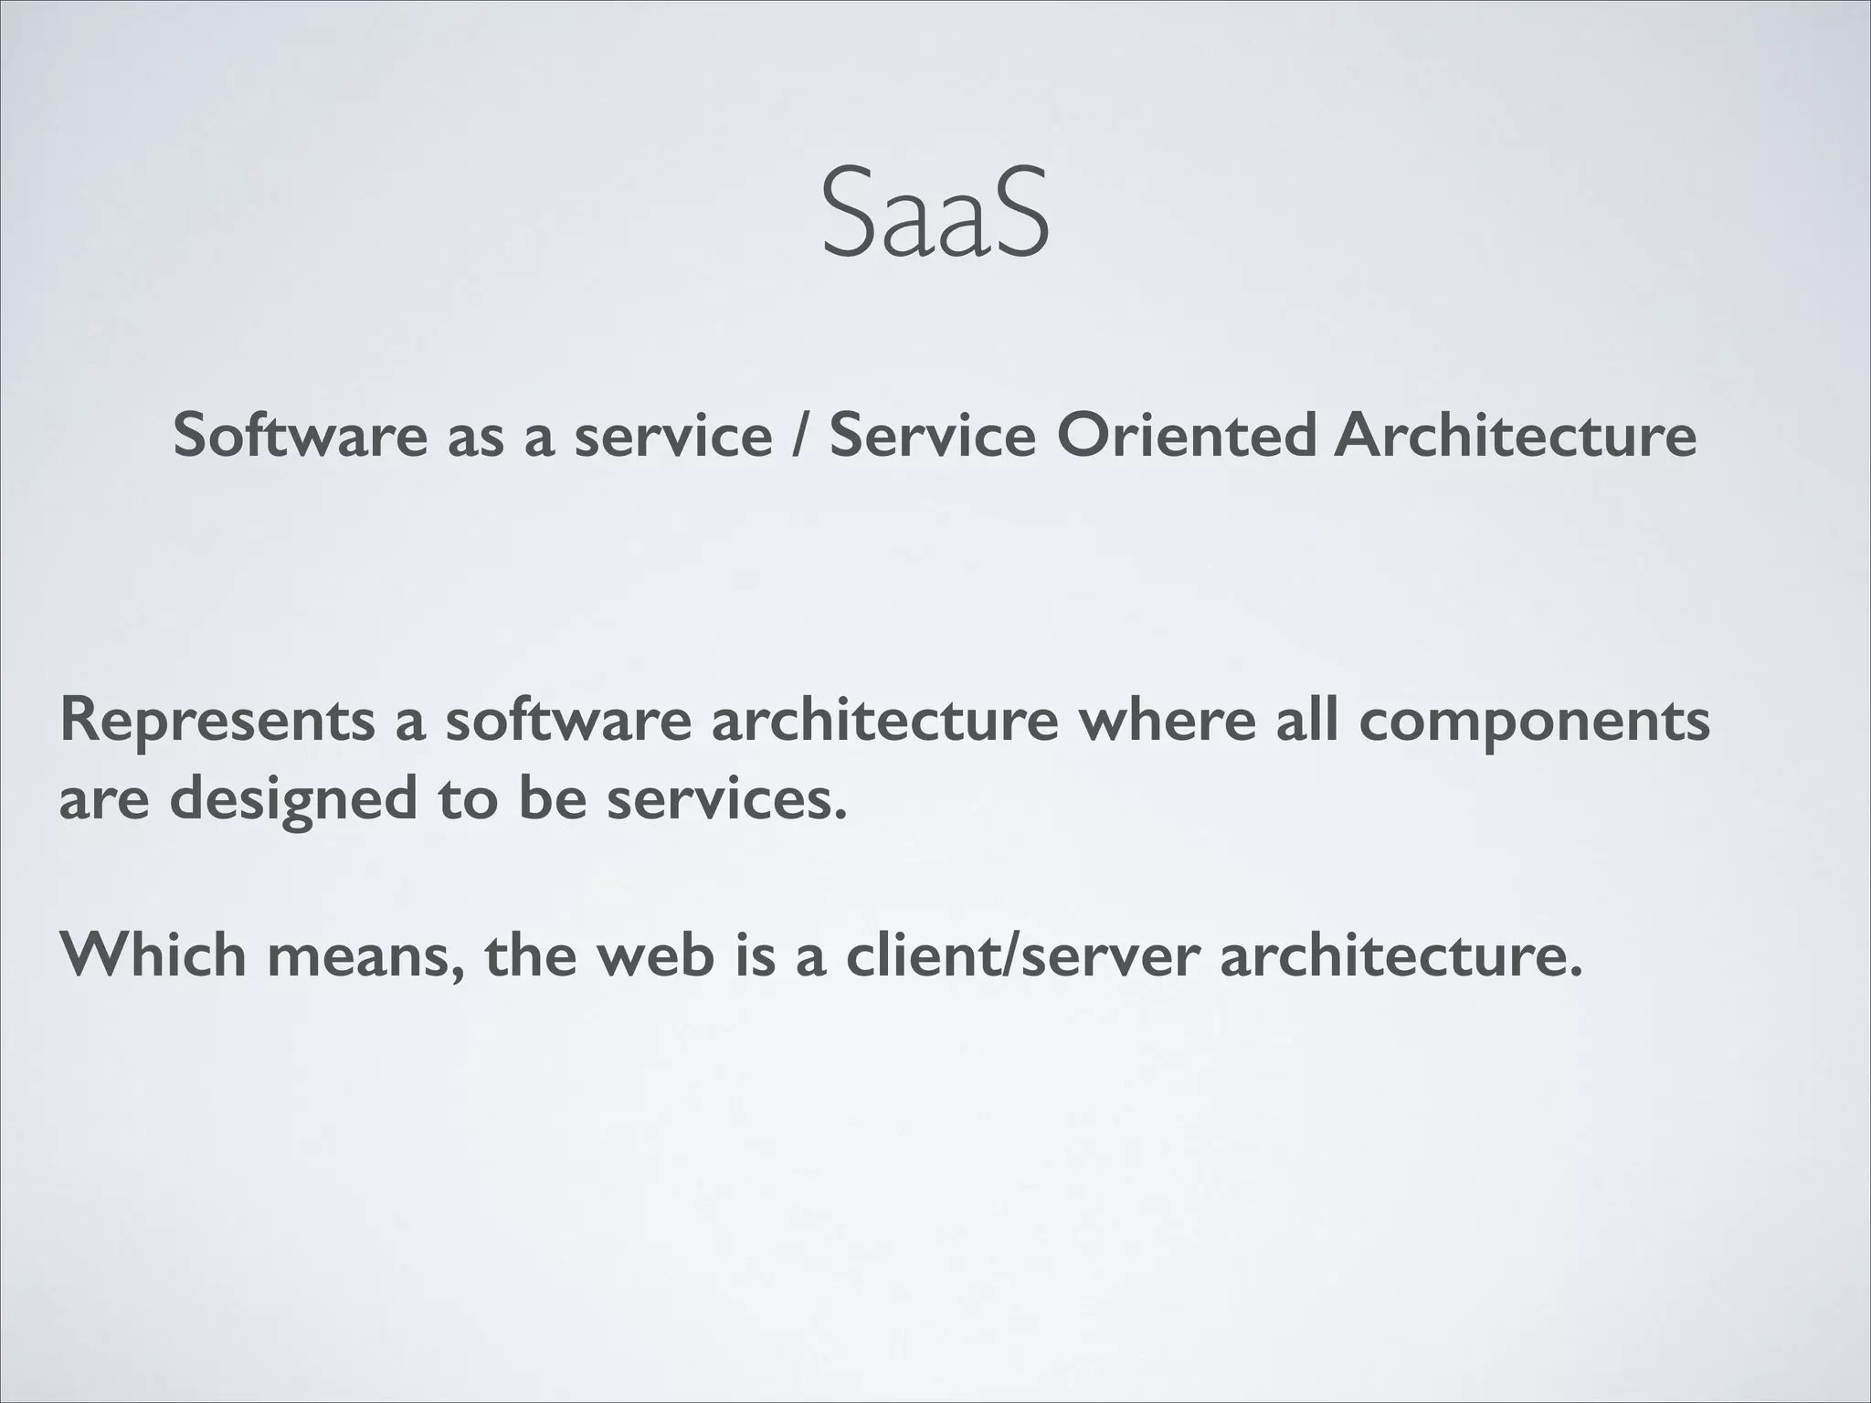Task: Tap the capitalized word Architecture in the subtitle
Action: pyautogui.click(x=1514, y=435)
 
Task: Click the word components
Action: pyautogui.click(x=1534, y=722)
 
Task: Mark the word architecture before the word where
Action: pyautogui.click(x=884, y=720)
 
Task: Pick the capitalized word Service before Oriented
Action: pyautogui.click(x=933, y=435)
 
